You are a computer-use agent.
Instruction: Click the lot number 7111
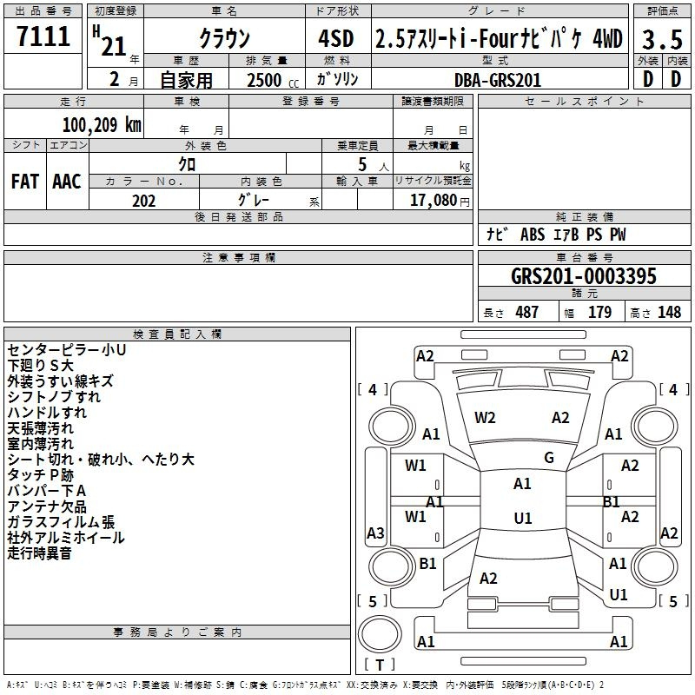pos(43,36)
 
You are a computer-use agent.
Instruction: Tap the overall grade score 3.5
pos(662,40)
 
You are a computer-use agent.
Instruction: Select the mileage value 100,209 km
pos(102,125)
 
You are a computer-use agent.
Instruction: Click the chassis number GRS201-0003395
pos(584,276)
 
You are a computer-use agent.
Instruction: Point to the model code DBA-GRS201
pos(498,80)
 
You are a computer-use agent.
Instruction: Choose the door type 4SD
pos(336,38)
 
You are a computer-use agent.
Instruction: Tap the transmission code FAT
pos(25,182)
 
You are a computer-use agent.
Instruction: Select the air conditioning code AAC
pos(67,182)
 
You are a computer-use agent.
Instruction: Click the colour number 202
pos(143,201)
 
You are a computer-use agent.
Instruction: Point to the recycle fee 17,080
pos(434,201)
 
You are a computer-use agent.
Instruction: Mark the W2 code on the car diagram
pos(485,418)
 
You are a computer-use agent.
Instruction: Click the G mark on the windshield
pos(549,458)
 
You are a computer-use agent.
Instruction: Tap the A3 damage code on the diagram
pos(375,533)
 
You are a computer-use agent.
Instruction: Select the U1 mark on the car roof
pos(523,518)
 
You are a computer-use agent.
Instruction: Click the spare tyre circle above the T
pos(380,634)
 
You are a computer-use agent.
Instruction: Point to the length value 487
pos(527,312)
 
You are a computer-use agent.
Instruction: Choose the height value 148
pos(669,312)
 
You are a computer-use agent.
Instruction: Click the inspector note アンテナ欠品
pos(47,506)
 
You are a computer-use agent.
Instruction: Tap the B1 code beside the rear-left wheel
pos(427,563)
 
